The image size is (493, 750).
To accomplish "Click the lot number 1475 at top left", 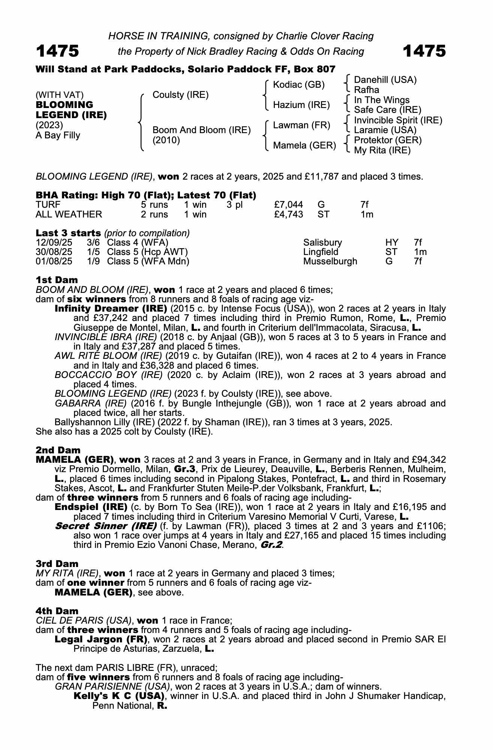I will click(57, 51).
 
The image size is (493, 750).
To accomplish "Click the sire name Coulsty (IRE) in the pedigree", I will click(180, 95).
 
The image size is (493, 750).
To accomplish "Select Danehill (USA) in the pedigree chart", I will click(385, 80).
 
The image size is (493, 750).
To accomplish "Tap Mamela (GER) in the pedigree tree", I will click(304, 145).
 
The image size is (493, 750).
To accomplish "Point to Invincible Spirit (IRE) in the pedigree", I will click(398, 120).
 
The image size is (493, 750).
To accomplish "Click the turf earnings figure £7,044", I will click(288, 205).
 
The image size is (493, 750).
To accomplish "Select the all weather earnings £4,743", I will click(288, 214).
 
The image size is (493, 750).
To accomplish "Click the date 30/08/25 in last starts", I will click(54, 252).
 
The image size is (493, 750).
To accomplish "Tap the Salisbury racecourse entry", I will click(322, 243).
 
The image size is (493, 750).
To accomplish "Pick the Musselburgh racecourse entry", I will click(330, 261).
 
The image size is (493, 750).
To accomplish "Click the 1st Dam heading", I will click(57, 280).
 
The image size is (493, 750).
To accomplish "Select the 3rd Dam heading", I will click(57, 564).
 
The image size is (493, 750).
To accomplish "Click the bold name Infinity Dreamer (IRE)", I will click(111, 309).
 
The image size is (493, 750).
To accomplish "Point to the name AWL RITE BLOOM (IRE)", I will click(108, 356).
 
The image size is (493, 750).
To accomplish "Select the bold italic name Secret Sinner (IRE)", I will click(105, 526).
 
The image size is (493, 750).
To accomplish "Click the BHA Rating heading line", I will click(146, 195).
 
